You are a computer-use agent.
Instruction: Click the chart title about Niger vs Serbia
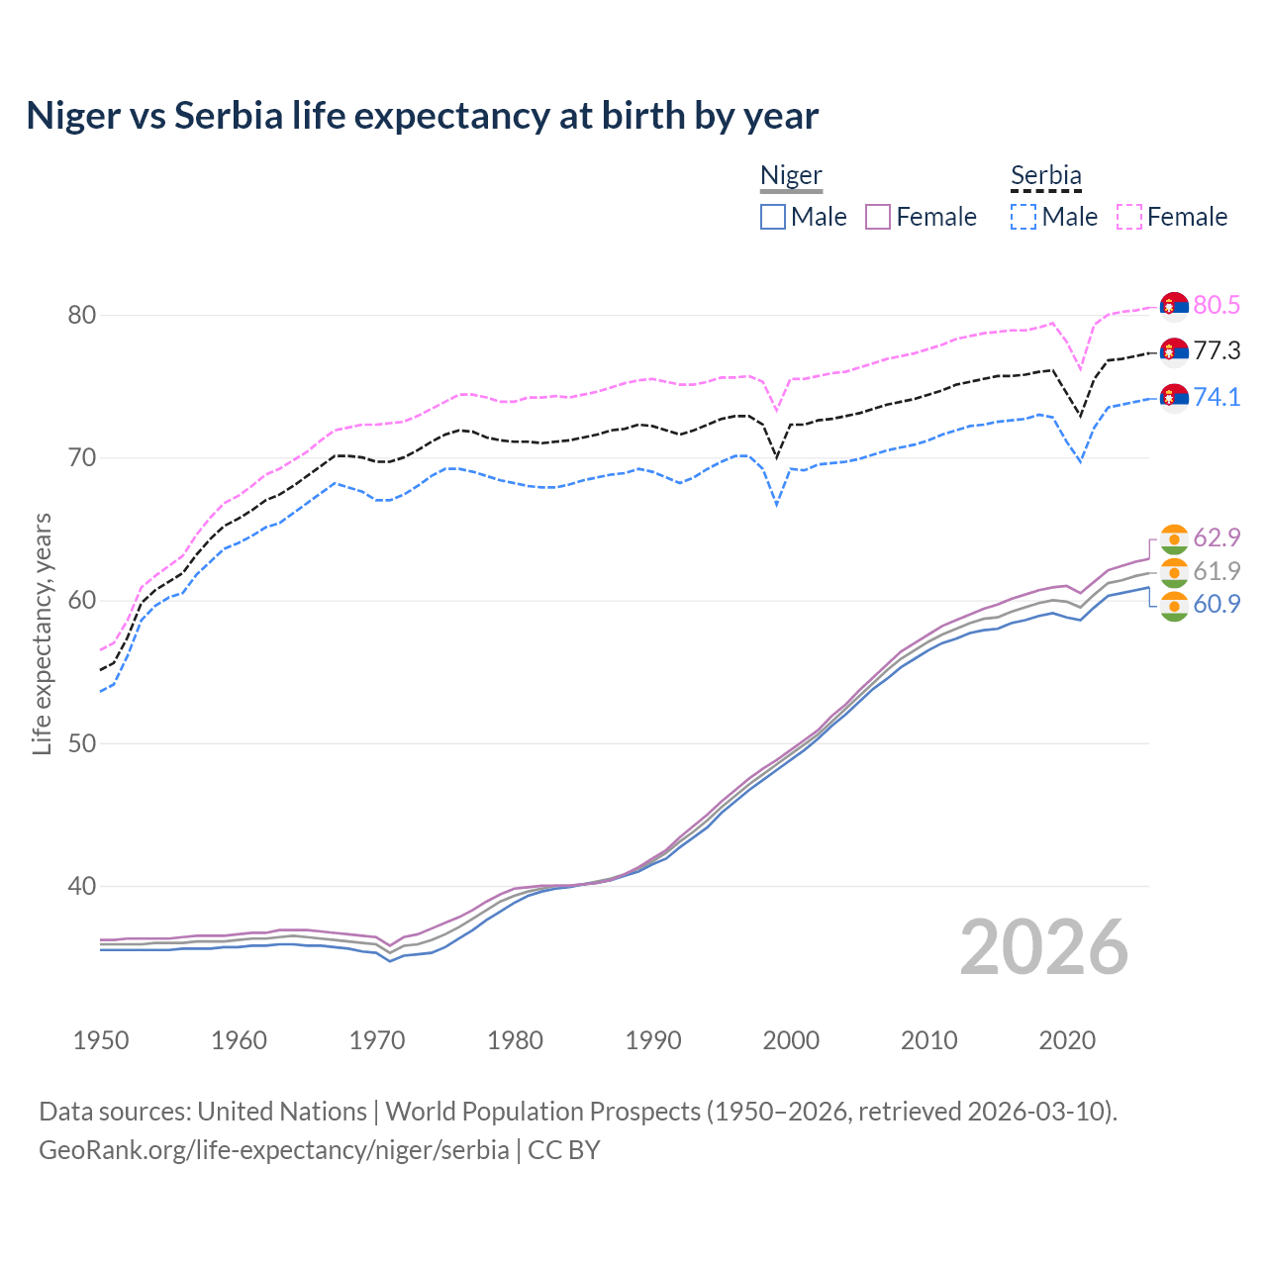pos(422,116)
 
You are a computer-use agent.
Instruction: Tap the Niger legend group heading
pos(791,176)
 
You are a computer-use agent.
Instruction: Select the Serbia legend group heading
pos(1045,176)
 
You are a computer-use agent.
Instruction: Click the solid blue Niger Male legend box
pos(773,217)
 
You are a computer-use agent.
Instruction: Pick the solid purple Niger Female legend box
pos(878,217)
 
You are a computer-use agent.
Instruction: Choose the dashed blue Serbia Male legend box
pos(1023,217)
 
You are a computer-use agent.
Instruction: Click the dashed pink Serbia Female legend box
pos(1129,217)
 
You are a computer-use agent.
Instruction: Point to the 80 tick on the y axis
pos(81,316)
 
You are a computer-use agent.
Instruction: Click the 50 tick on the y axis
pos(81,743)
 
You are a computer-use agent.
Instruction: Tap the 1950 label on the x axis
pos(101,1040)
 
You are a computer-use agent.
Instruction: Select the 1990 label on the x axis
pos(653,1040)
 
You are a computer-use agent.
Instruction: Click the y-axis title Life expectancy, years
pos(42,633)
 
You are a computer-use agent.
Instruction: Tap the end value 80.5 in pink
pos(1217,305)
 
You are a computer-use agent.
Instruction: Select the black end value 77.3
pos(1217,351)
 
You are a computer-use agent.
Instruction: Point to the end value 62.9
pos(1217,537)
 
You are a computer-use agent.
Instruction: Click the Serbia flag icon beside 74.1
pos(1174,397)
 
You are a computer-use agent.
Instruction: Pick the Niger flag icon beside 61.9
pos(1174,571)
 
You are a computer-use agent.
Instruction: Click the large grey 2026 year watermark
pos(1043,947)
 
